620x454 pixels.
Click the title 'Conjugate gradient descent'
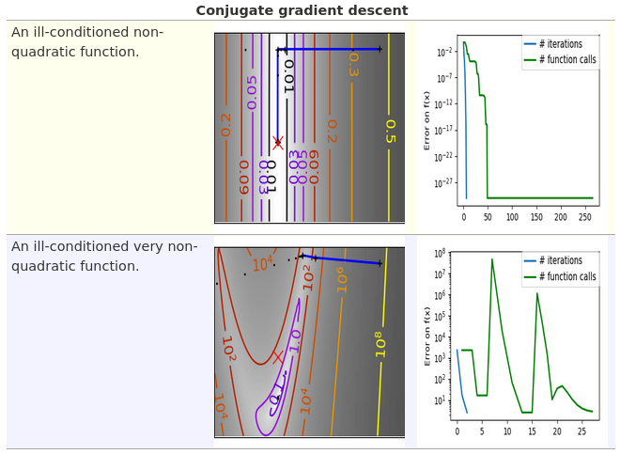302,10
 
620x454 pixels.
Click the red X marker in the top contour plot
278,143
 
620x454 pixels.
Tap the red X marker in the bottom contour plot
278,357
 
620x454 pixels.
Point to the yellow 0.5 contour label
390,131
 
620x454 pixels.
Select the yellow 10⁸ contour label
380,343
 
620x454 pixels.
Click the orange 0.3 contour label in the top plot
353,63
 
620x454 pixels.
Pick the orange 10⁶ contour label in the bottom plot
342,279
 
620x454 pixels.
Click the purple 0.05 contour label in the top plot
251,92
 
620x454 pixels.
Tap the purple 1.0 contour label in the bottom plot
295,339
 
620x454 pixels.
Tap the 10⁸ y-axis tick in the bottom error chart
439,254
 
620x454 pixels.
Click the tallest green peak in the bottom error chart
491,259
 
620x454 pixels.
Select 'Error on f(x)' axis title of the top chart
427,120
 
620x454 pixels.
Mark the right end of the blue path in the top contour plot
380,49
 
